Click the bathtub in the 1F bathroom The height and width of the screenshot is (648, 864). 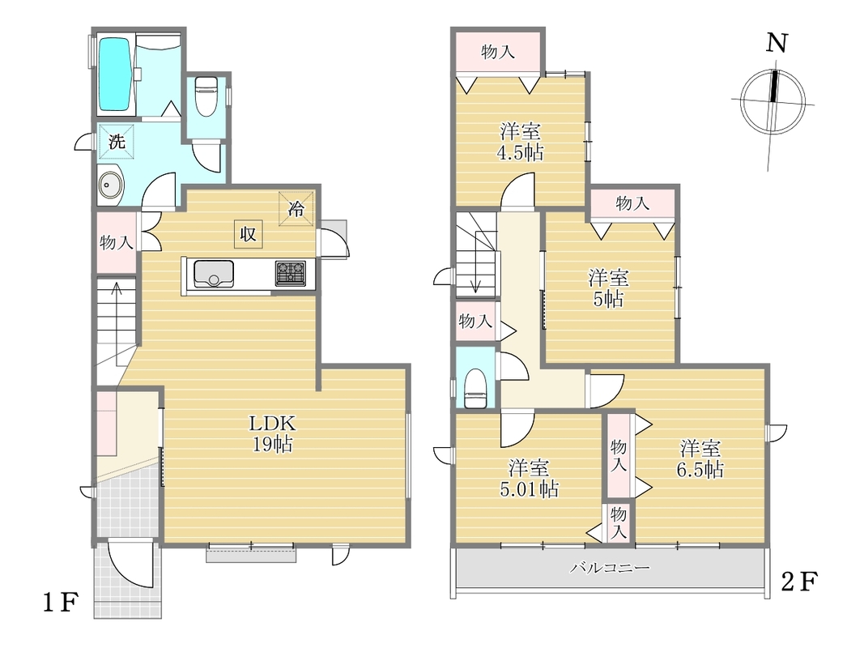click(x=116, y=75)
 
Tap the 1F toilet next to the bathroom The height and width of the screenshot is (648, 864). click(x=206, y=96)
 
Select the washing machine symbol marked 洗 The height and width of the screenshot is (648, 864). click(x=117, y=143)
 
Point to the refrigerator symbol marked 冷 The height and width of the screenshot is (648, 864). click(x=296, y=209)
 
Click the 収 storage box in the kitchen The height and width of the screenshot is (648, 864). click(x=248, y=234)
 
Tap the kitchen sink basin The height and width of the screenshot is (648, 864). click(x=213, y=274)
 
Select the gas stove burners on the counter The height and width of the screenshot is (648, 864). click(x=291, y=273)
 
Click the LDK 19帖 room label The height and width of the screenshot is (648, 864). click(x=272, y=433)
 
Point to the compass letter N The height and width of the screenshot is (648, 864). click(x=777, y=43)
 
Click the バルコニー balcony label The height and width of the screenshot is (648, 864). click(x=610, y=568)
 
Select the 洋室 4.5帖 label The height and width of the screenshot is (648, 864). click(x=520, y=142)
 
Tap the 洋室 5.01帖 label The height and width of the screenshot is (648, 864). click(x=529, y=478)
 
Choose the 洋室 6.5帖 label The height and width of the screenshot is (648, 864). click(x=700, y=458)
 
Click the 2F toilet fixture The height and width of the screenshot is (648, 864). click(x=476, y=388)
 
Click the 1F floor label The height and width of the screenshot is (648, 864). click(x=61, y=603)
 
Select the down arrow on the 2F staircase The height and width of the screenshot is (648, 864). click(x=476, y=258)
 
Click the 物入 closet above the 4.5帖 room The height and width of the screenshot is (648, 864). click(x=498, y=52)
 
